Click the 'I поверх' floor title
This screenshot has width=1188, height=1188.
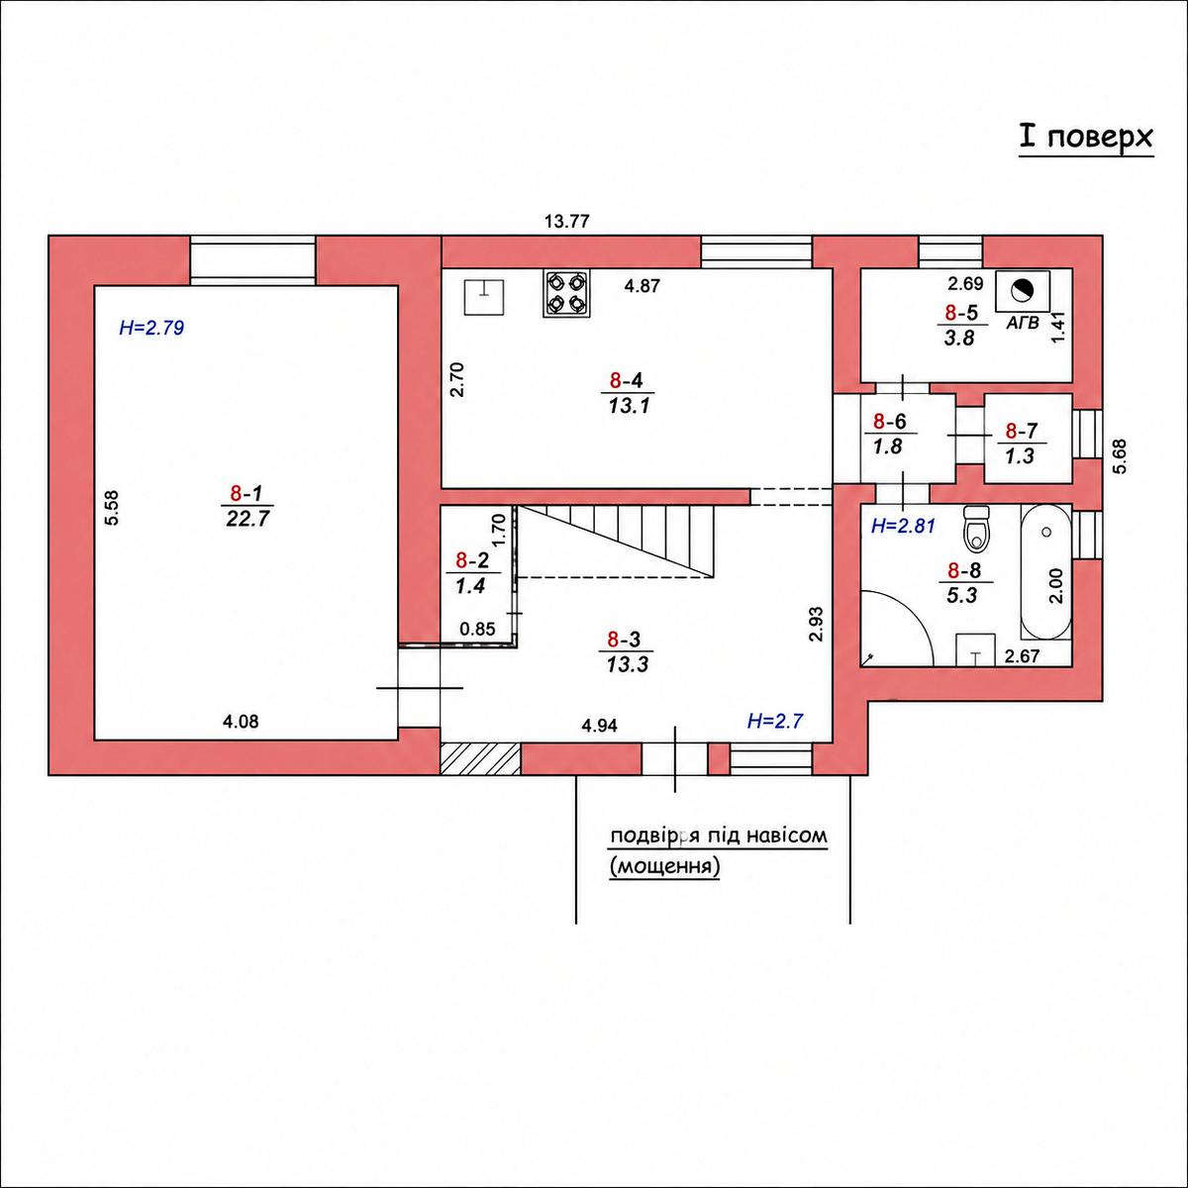coord(1086,138)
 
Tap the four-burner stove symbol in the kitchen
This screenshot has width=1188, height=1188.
coord(566,293)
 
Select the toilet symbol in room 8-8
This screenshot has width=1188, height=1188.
coord(976,529)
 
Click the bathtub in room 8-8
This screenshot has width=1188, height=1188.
coord(1045,572)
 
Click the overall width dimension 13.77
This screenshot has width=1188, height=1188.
coord(567,221)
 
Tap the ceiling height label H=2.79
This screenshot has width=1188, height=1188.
coord(151,328)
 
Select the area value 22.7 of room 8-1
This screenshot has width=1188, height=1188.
coord(247,519)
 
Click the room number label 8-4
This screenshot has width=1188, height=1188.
coord(628,380)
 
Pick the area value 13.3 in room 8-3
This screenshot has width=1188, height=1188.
coord(627,664)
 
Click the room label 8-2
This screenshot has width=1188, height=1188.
coord(471,560)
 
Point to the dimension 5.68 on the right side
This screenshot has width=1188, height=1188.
coord(1120,455)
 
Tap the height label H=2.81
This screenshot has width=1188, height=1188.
coord(903,526)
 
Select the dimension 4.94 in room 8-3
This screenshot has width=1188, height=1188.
coord(599,726)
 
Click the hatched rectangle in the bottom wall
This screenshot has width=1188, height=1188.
coord(481,758)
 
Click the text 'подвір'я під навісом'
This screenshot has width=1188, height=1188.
coord(718,837)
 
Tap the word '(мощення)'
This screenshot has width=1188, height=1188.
coord(664,867)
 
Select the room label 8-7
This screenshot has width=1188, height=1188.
coord(1022,430)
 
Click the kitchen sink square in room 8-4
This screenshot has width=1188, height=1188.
coord(483,297)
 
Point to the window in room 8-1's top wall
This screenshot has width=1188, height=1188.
coord(252,260)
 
